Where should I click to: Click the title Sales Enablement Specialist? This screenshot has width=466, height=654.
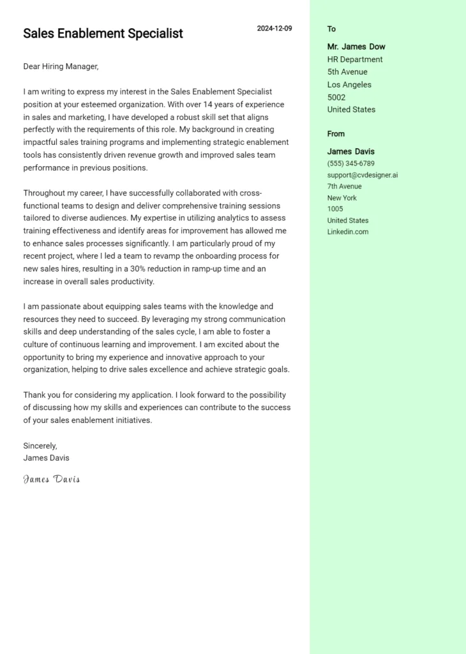pos(103,33)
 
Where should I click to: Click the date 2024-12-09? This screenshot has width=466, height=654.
pos(274,28)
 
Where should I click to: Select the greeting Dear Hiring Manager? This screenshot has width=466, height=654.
pos(61,66)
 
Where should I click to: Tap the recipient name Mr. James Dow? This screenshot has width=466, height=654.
pos(356,47)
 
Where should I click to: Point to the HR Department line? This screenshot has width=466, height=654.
pos(355,59)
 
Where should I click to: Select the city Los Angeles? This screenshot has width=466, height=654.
pos(349,84)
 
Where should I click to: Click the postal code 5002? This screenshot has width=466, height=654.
pos(336,97)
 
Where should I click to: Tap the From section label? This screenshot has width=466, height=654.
pos(336,133)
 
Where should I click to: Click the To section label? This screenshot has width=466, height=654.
pos(331,29)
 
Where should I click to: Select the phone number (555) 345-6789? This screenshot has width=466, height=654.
pos(351,163)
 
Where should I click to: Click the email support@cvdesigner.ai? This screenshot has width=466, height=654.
pos(363,175)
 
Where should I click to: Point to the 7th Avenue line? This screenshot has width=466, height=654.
pos(345,186)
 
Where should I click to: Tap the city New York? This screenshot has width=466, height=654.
pos(342,198)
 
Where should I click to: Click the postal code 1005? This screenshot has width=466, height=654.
pos(335,209)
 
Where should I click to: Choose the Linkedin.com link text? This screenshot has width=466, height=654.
pos(348,232)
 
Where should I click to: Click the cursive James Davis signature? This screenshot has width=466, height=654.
pos(52,479)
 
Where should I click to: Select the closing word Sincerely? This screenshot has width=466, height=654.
pos(40,446)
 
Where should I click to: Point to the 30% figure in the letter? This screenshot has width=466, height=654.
pos(139,269)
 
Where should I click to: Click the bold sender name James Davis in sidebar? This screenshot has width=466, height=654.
pos(351,151)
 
